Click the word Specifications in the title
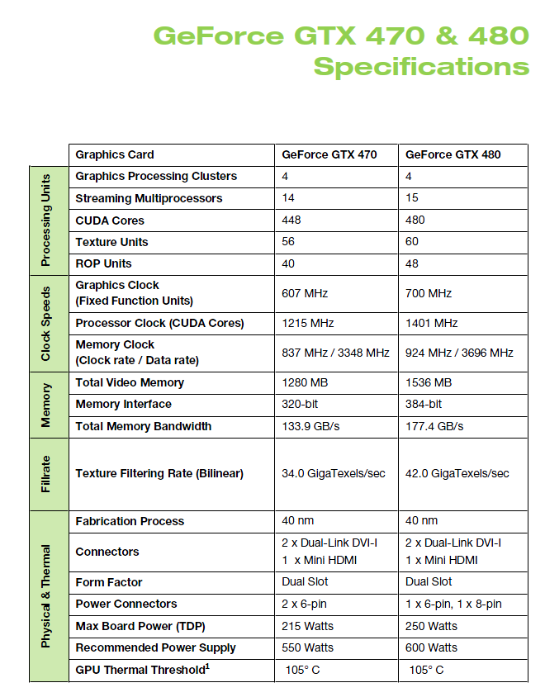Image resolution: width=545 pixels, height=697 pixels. click(x=421, y=65)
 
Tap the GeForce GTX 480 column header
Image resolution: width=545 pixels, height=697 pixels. click(x=453, y=154)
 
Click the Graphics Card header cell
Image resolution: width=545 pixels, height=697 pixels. click(x=115, y=154)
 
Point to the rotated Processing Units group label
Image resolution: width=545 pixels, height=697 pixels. click(x=46, y=220)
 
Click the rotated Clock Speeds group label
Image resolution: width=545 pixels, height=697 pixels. click(x=46, y=324)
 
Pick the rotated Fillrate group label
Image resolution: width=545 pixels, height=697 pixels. click(x=46, y=474)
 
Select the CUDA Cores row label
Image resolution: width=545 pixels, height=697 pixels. click(x=110, y=220)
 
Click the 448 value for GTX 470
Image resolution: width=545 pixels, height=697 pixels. click(x=291, y=220)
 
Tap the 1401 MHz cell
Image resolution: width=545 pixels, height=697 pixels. click(x=431, y=323)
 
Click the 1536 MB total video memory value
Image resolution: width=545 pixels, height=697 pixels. click(x=429, y=382)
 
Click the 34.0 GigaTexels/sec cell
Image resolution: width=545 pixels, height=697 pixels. click(x=334, y=473)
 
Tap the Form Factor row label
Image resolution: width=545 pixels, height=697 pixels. click(x=109, y=581)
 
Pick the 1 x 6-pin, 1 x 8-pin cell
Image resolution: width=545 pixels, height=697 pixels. click(x=453, y=604)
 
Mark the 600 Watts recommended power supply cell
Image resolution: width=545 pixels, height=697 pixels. click(x=431, y=647)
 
